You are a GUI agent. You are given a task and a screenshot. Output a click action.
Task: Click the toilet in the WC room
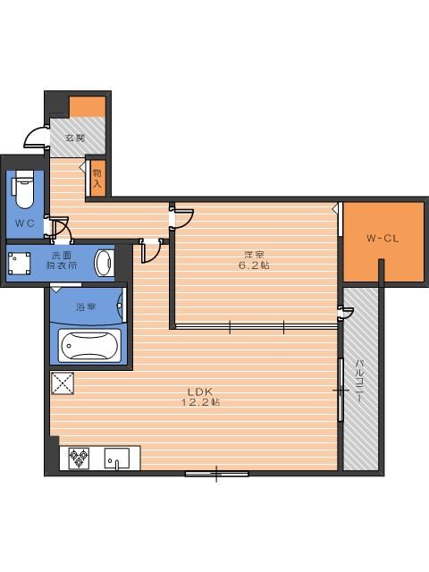[24, 189]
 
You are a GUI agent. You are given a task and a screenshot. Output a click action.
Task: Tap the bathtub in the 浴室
[89, 346]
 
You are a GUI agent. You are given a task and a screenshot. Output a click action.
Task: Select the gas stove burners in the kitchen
[80, 458]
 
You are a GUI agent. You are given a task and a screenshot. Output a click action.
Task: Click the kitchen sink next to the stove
[117, 458]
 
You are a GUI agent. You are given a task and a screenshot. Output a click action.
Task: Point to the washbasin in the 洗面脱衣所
[104, 263]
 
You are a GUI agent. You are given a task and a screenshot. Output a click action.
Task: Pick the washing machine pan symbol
[19, 263]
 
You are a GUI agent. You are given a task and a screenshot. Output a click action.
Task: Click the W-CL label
[383, 239]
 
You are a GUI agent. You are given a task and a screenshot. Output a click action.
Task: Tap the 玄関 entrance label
[75, 138]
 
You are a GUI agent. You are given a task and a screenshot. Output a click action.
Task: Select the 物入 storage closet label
[97, 179]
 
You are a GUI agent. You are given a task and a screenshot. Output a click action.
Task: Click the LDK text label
[200, 392]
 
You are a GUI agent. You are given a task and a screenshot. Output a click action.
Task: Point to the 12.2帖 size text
[200, 402]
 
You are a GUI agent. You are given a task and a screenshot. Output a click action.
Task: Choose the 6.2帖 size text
[254, 265]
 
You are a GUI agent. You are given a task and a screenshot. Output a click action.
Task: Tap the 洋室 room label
[254, 254]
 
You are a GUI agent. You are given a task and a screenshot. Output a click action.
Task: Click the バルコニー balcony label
[360, 381]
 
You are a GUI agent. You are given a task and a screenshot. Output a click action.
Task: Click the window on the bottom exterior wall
[216, 474]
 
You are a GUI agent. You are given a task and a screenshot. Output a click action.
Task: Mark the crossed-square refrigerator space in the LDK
[63, 383]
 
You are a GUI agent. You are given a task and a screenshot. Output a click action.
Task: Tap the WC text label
[25, 223]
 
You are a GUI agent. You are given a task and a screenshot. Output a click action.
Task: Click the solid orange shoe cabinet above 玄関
[88, 106]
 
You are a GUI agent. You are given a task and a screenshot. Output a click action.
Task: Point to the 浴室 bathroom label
[86, 307]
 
